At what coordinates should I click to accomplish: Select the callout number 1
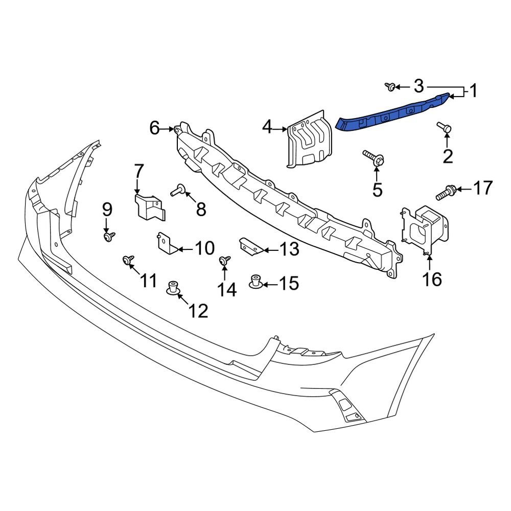point(473,91)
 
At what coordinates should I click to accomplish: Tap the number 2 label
point(448,156)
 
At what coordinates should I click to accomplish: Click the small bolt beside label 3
point(390,87)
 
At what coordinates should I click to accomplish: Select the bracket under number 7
point(149,206)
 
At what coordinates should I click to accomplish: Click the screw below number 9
point(109,236)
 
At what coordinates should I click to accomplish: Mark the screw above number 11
point(128,261)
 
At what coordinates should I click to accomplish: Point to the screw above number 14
point(224,261)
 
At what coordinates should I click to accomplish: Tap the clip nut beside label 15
point(255,281)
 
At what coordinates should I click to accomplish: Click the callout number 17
point(482,189)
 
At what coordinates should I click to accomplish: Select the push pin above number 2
point(444,127)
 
